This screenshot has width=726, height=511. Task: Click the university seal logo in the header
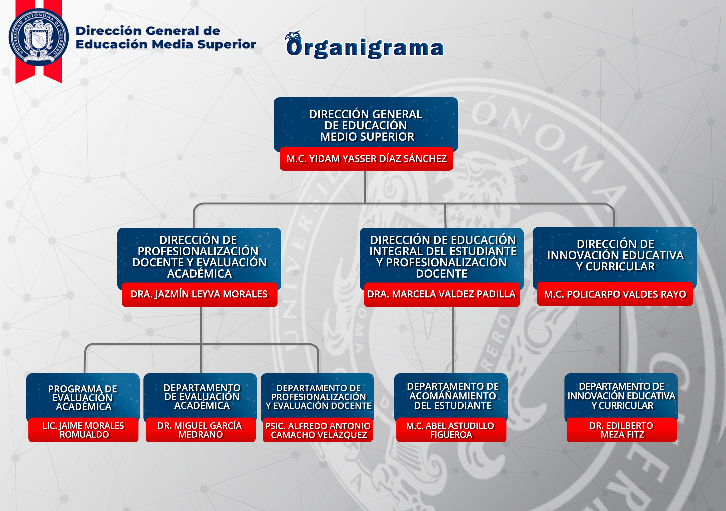[39, 37]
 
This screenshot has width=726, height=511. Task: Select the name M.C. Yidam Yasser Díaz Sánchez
[366, 159]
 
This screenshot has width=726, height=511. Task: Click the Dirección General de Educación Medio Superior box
[366, 125]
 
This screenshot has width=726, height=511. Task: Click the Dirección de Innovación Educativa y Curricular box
[615, 255]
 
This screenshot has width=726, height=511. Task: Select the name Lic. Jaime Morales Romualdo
[84, 430]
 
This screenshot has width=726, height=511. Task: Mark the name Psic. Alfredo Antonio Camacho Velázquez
[318, 430]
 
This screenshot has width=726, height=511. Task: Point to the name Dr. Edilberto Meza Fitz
[621, 430]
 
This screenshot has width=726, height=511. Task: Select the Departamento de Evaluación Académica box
[201, 396]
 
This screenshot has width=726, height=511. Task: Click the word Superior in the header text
[226, 44]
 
